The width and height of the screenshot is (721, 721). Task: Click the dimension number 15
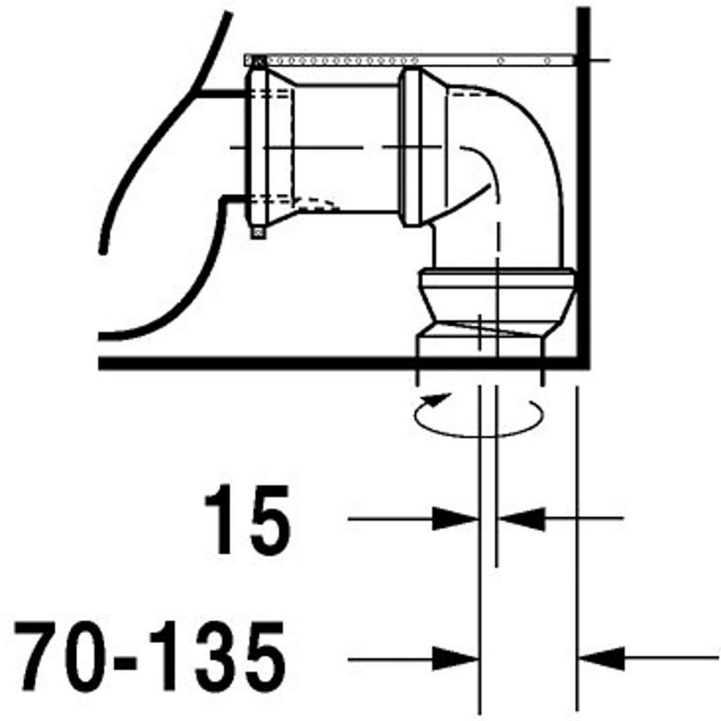tap(247, 520)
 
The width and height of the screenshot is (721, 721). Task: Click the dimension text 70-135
tap(149, 656)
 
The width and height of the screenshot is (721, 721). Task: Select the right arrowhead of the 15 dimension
tap(522, 519)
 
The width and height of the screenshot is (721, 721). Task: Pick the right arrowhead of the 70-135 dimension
tap(601, 658)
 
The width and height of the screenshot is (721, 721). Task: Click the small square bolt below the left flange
tap(258, 233)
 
